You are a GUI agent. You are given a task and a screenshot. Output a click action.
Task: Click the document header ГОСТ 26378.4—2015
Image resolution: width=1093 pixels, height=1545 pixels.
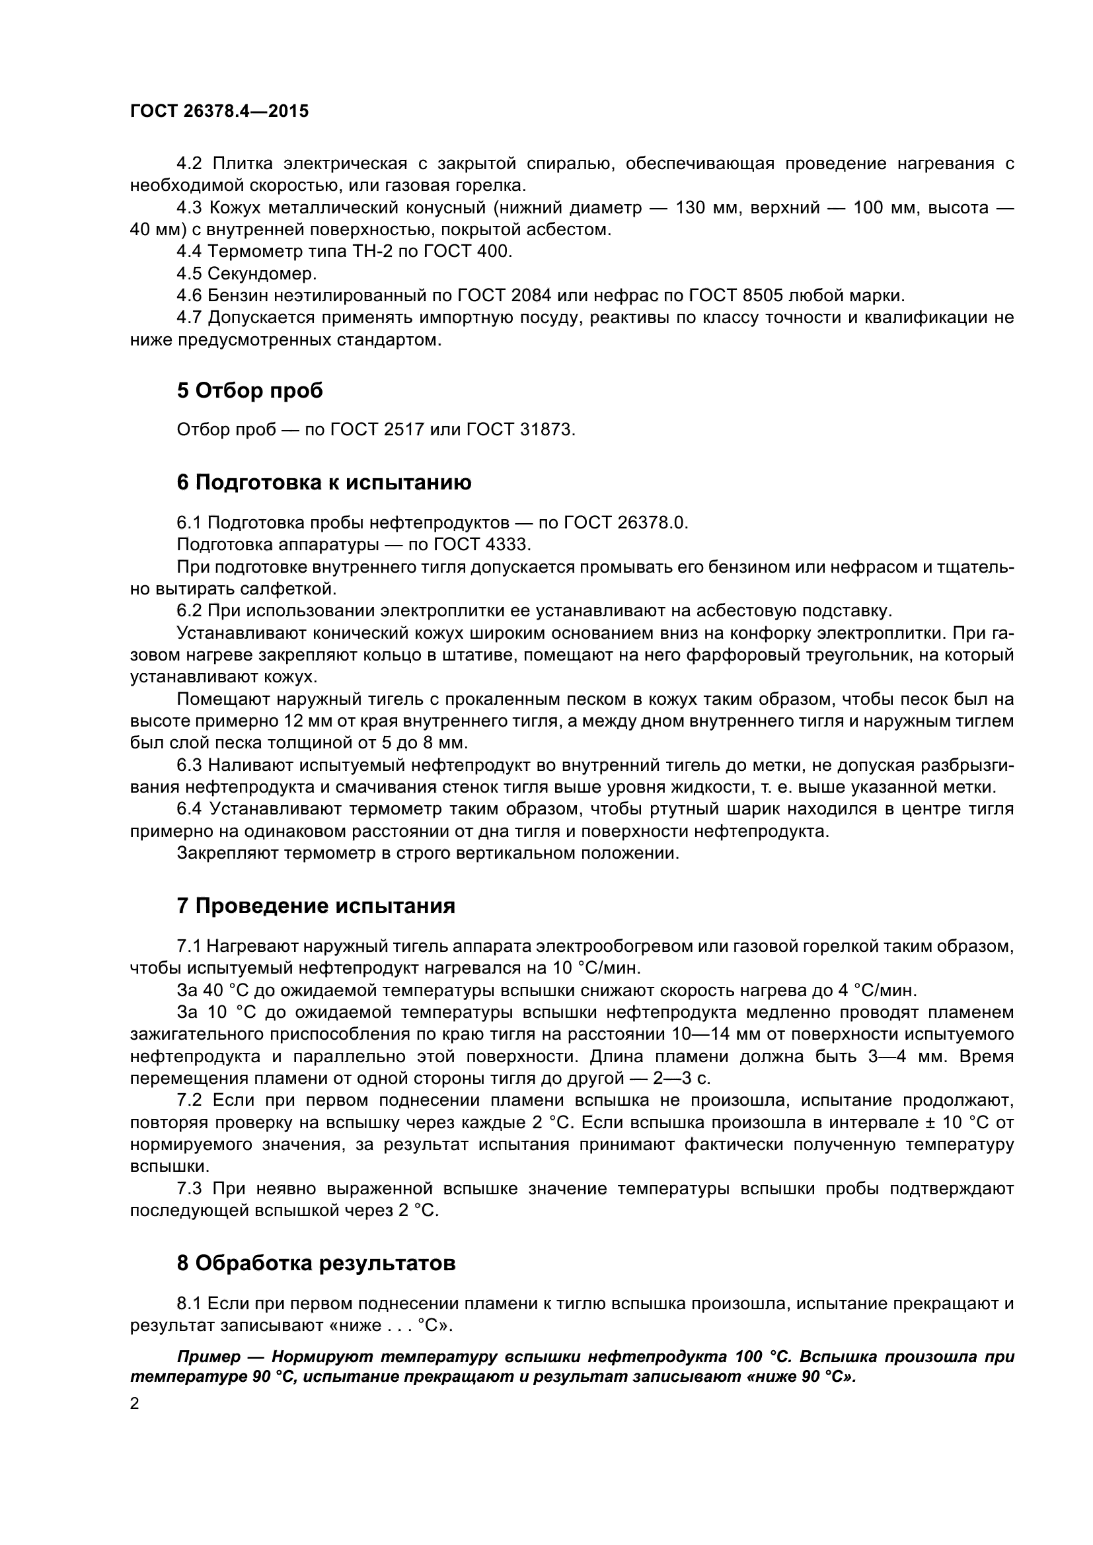tap(219, 112)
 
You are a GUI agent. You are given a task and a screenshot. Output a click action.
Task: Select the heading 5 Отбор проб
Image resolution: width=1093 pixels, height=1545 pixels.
tap(250, 391)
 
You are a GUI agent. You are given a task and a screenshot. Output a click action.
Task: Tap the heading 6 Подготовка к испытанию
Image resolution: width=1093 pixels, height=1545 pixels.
tap(324, 482)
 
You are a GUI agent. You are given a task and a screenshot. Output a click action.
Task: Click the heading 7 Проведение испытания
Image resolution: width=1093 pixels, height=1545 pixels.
tap(316, 906)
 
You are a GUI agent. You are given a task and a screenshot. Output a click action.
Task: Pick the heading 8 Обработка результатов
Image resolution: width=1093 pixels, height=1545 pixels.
tap(316, 1264)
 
